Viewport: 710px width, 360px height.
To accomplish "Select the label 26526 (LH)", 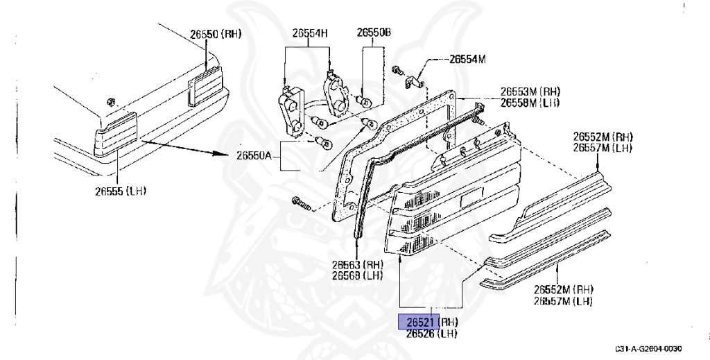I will pos(431,334).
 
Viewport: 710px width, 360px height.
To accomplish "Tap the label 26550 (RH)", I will pos(215,33).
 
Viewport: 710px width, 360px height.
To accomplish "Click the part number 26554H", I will pos(310,33).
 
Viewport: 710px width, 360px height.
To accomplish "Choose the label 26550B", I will pos(374,33).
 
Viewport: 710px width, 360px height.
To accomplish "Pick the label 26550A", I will pos(253,156).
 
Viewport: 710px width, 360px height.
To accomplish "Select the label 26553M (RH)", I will pos(530,92).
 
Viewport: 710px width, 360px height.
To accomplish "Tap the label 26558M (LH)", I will pos(530,103).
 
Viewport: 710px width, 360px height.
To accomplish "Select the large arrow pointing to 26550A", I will pos(187,148).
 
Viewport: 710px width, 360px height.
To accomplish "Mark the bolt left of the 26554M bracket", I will pos(396,70).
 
